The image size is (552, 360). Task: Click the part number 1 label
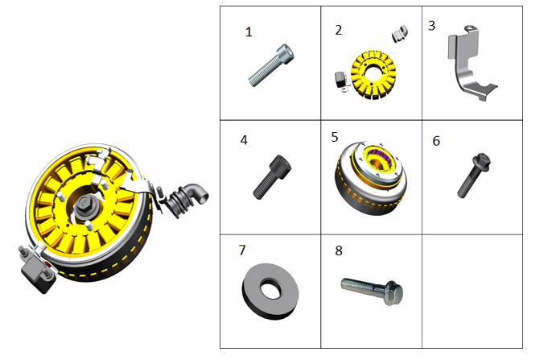(x=249, y=32)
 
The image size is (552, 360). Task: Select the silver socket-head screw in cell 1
(x=271, y=65)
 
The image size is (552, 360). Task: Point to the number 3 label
(x=431, y=26)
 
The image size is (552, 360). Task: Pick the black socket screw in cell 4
(x=272, y=177)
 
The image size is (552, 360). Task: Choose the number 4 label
(x=244, y=140)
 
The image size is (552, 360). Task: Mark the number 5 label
(x=335, y=138)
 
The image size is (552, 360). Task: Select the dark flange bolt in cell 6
(x=474, y=175)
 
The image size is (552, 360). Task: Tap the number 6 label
(x=436, y=141)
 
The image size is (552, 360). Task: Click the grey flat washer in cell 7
(x=270, y=292)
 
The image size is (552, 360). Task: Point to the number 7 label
(x=242, y=250)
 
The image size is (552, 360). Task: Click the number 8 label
(x=338, y=250)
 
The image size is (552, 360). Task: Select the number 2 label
(x=338, y=31)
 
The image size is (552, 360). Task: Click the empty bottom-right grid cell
(x=472, y=292)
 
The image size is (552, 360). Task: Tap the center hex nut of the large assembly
(x=84, y=205)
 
